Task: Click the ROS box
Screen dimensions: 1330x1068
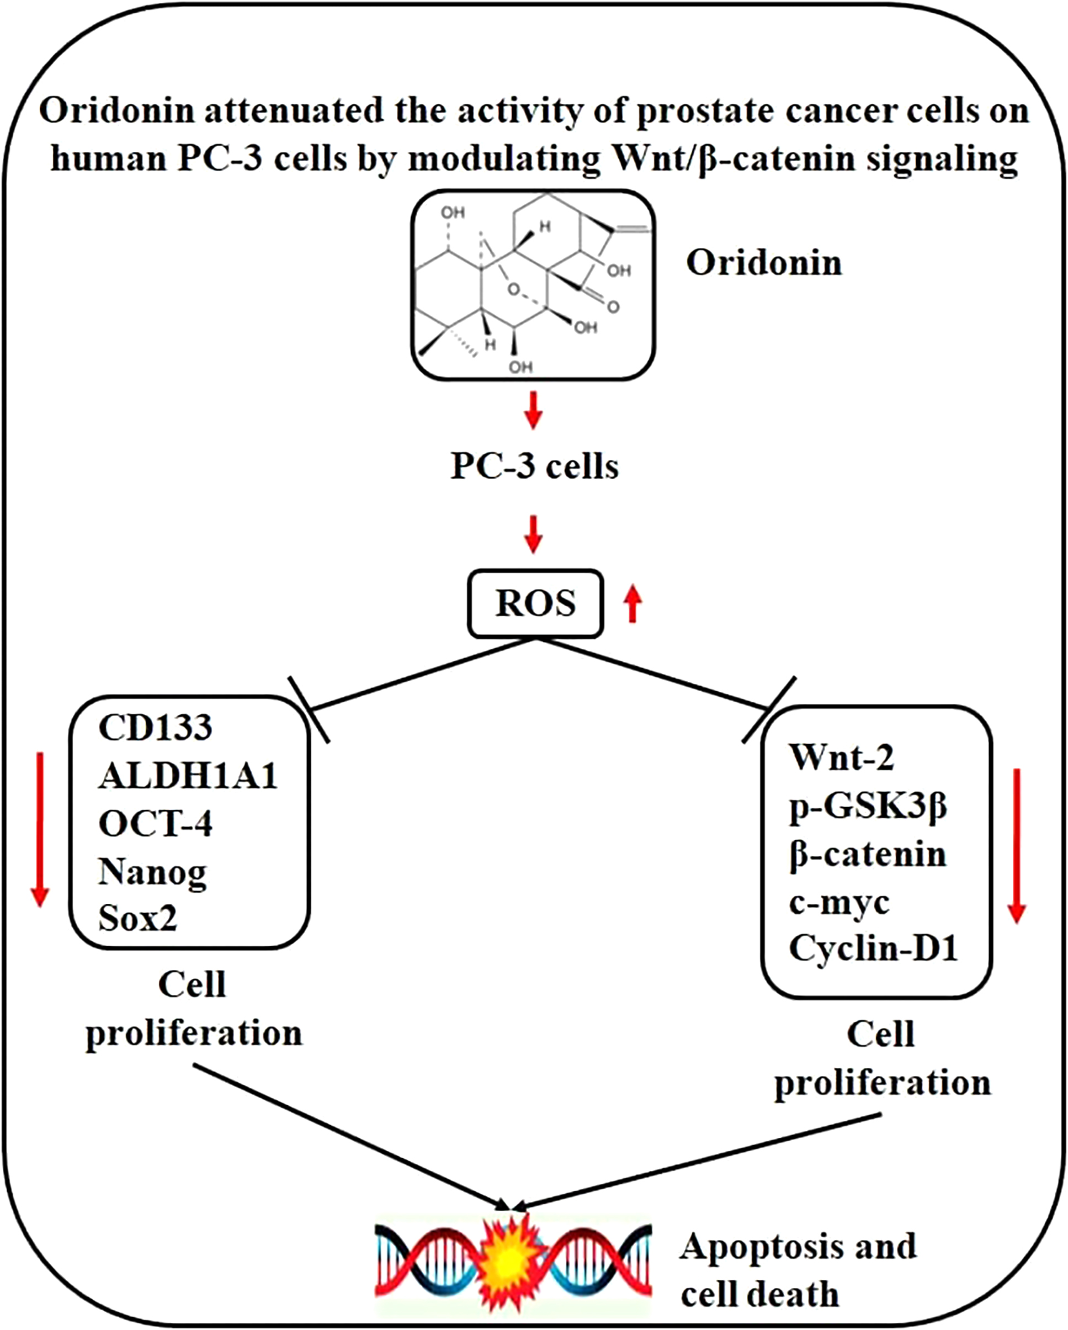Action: pyautogui.click(x=535, y=604)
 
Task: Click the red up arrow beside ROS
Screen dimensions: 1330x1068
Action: pyautogui.click(x=632, y=604)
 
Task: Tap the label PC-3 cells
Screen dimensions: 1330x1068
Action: pyautogui.click(x=535, y=467)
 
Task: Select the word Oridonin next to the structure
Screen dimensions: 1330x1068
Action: pyautogui.click(x=764, y=263)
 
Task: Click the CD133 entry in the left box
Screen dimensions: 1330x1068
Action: pyautogui.click(x=156, y=727)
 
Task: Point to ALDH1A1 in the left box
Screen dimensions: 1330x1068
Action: pyautogui.click(x=188, y=776)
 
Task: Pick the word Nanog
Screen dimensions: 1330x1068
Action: pyautogui.click(x=152, y=873)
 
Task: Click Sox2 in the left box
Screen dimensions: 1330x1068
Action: pyautogui.click(x=137, y=918)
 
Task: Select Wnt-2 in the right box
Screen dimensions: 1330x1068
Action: pyautogui.click(x=842, y=757)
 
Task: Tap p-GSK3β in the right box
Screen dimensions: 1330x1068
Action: pyautogui.click(x=868, y=806)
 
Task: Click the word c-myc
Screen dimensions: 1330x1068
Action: pyautogui.click(x=839, y=903)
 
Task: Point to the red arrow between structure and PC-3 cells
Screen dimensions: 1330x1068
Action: pyautogui.click(x=533, y=410)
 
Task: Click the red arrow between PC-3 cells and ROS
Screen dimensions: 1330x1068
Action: pyautogui.click(x=533, y=534)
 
